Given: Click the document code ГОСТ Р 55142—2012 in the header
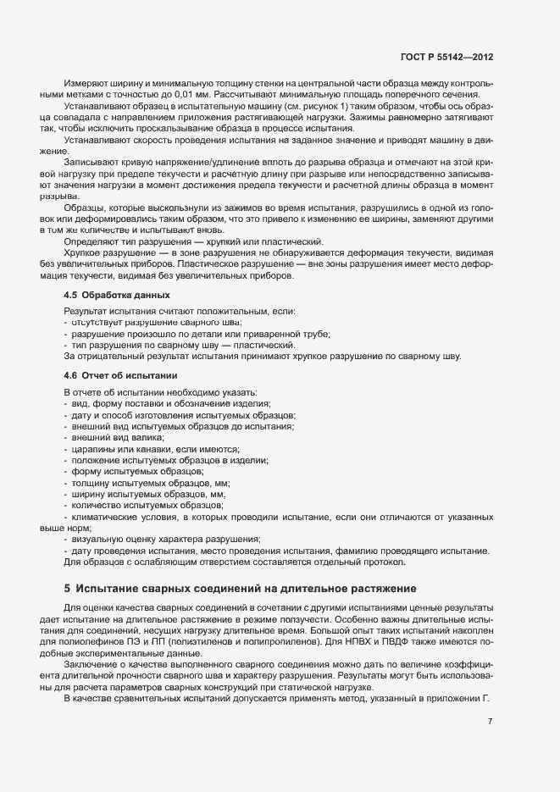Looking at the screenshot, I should [x=446, y=57].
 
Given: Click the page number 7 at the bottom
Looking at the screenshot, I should [x=490, y=722].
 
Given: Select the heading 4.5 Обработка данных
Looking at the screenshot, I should [x=117, y=295].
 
